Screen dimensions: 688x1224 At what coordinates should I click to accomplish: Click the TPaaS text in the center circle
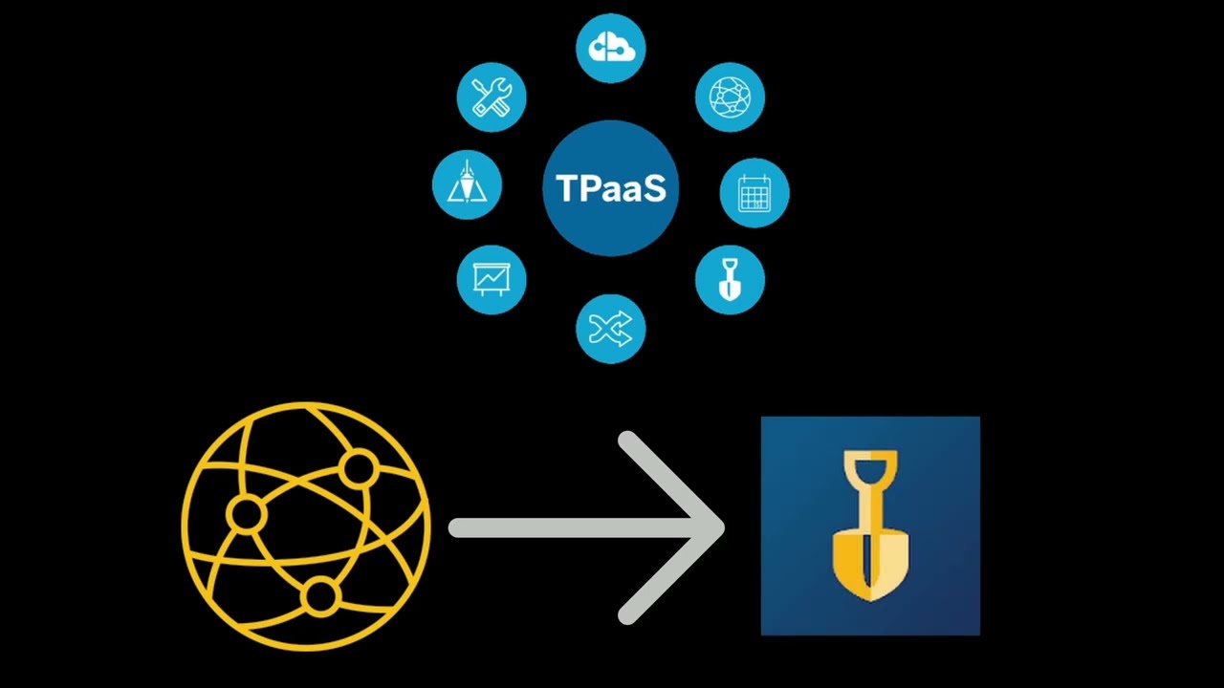610,188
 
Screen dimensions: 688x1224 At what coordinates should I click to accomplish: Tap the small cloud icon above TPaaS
610,48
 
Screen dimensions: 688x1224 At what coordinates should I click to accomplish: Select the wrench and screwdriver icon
492,97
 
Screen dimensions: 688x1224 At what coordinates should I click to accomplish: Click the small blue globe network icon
730,97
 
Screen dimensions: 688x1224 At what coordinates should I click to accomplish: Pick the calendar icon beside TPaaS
754,193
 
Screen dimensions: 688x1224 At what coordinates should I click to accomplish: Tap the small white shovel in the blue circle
730,280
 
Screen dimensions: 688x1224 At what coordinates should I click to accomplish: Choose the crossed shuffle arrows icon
610,330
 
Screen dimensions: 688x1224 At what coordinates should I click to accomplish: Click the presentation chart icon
492,280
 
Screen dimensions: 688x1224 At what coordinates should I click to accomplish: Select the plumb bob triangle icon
467,183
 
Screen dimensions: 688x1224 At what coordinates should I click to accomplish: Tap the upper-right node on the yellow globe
359,469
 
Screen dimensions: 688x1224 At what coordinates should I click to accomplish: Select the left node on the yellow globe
246,515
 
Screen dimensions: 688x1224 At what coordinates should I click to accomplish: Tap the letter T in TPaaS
566,188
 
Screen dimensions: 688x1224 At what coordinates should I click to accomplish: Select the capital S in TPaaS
653,188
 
